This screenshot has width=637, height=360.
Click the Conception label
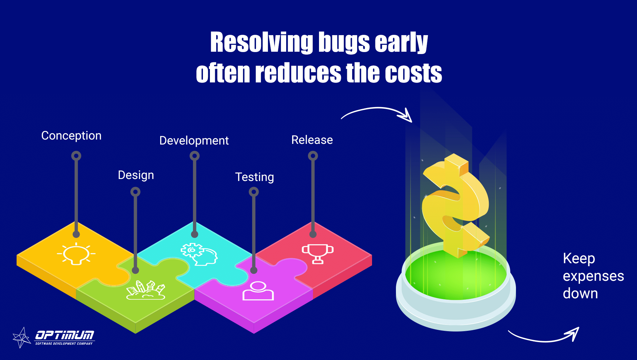tap(71, 136)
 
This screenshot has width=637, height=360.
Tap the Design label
tap(136, 175)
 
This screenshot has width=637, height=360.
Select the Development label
tap(194, 141)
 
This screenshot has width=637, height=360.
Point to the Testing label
tap(255, 177)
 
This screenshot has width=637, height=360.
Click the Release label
tap(312, 140)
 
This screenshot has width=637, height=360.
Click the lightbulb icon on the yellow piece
tap(76, 254)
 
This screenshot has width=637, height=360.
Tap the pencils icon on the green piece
tap(146, 290)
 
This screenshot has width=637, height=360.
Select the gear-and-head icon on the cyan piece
tap(199, 254)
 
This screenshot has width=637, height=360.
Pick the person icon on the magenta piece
tap(258, 291)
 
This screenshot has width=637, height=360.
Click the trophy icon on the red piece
tap(318, 254)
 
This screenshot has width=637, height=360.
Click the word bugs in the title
tap(344, 42)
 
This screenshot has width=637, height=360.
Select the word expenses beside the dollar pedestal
tap(594, 276)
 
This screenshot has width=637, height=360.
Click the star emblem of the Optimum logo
tap(22, 337)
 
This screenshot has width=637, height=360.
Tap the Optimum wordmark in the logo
tap(65, 335)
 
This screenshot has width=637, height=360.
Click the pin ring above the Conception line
tap(76, 156)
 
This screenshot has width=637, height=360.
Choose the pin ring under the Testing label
tap(254, 192)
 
